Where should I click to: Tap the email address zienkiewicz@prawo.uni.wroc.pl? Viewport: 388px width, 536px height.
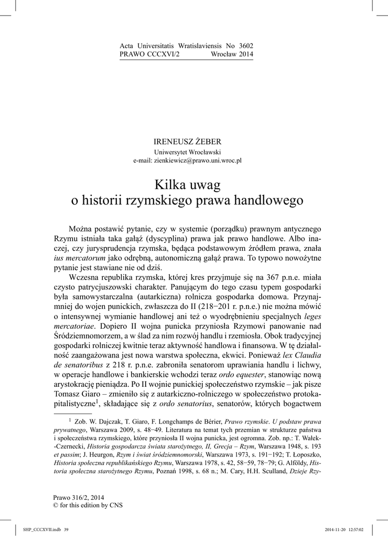(187, 161)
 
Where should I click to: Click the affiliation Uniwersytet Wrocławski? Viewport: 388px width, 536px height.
(187, 151)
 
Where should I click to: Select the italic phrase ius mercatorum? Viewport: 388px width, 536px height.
(79, 259)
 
